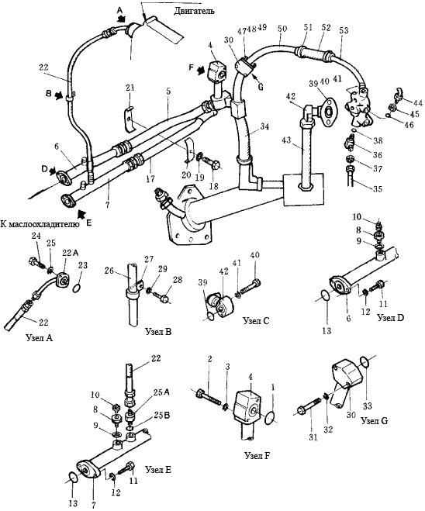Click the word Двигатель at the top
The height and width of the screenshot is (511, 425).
point(194,11)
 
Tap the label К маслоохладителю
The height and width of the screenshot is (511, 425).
point(40,224)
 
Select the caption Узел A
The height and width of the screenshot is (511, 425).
point(39,338)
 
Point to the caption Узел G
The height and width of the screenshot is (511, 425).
point(375,421)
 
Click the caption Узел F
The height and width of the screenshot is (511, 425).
point(257,455)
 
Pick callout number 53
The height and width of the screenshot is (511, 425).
point(344,30)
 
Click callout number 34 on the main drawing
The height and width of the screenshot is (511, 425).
point(265,126)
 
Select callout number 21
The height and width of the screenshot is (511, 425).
point(130,88)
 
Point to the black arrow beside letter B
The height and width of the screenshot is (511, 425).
point(59,96)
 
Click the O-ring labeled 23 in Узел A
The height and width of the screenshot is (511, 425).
point(77,288)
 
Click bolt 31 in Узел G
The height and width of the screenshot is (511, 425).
point(309,406)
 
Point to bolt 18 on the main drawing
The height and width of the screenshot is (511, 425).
point(212,164)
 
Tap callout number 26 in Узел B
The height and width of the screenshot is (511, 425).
point(109,271)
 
